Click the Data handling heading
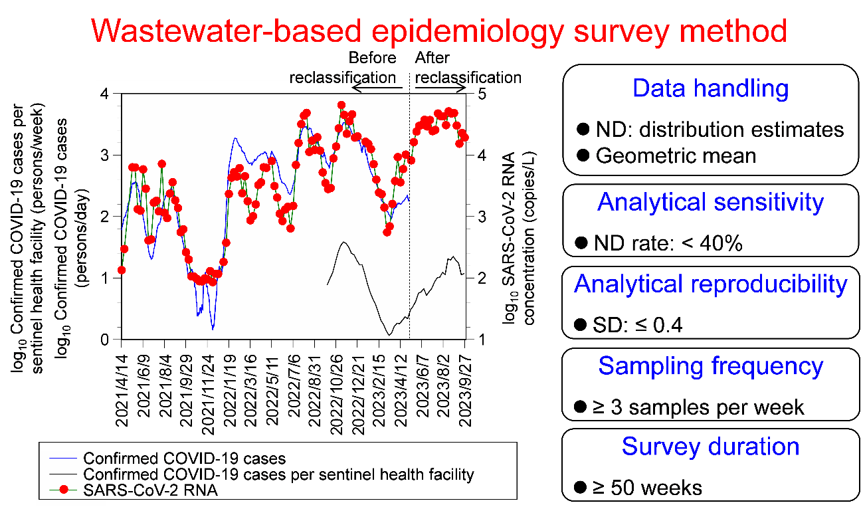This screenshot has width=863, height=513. click(711, 88)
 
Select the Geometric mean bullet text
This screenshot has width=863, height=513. click(676, 155)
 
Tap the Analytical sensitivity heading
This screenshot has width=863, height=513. click(711, 202)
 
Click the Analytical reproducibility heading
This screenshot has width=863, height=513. click(711, 284)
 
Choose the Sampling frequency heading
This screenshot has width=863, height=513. click(711, 366)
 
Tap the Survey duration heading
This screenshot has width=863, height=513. click(711, 447)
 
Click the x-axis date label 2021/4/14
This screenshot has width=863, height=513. click(122, 385)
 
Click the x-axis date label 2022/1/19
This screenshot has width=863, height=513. click(229, 385)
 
